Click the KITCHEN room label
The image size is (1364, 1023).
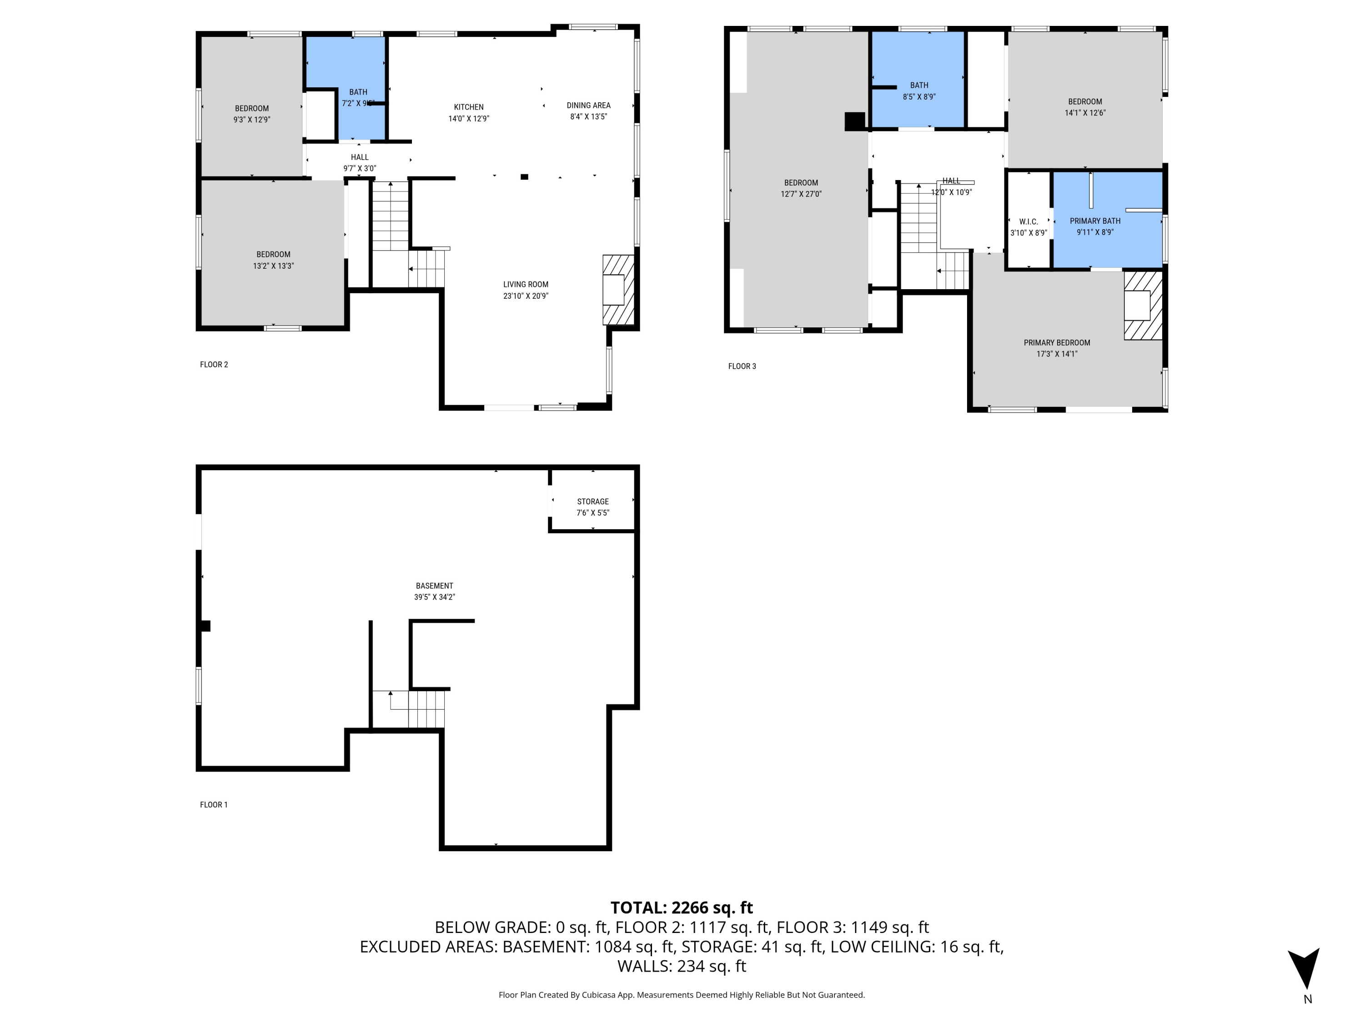coord(469,107)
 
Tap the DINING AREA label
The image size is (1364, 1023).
coord(588,105)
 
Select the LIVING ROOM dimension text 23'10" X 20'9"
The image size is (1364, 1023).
coord(526,296)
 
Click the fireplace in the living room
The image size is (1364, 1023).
coord(617,290)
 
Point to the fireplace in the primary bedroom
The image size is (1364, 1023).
coord(1142,306)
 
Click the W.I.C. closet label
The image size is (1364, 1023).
coord(1028,221)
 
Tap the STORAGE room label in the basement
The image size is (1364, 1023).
coord(592,501)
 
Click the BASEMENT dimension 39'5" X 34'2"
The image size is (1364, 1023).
coord(434,597)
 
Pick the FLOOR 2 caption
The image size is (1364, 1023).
coord(214,365)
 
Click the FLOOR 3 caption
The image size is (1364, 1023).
coord(742,366)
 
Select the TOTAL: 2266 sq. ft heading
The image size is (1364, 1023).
coord(682,908)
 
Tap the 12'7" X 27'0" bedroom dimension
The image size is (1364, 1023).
coord(801,194)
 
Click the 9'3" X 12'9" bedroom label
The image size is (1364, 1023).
coord(251,120)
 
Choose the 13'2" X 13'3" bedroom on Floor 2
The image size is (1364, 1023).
coord(273,260)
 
